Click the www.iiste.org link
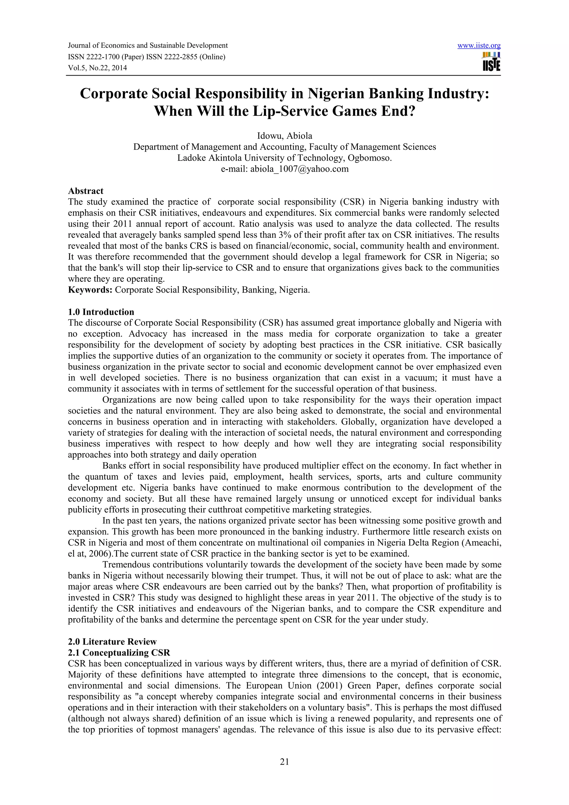[479, 46]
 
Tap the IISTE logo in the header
[491, 62]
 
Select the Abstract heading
[86, 191]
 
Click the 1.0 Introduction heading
[101, 312]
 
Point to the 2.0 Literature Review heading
[112, 642]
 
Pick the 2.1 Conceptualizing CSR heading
[119, 652]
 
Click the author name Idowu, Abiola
[284, 136]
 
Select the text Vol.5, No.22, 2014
[97, 68]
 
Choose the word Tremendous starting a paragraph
[128, 565]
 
